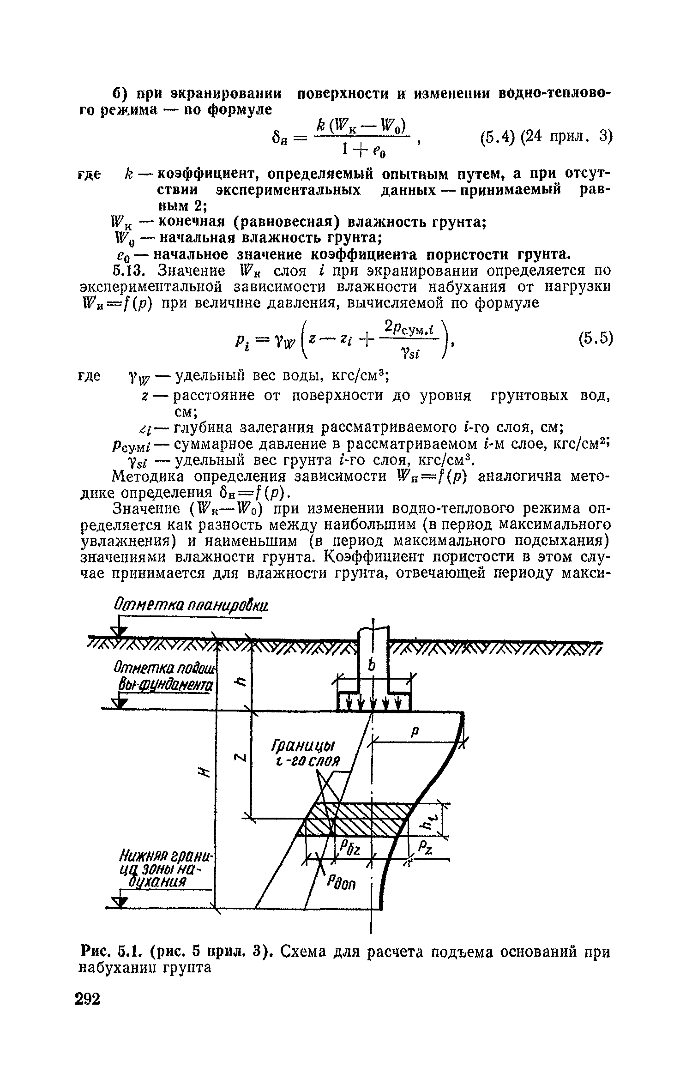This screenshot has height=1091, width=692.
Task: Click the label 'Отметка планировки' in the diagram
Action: (x=191, y=607)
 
